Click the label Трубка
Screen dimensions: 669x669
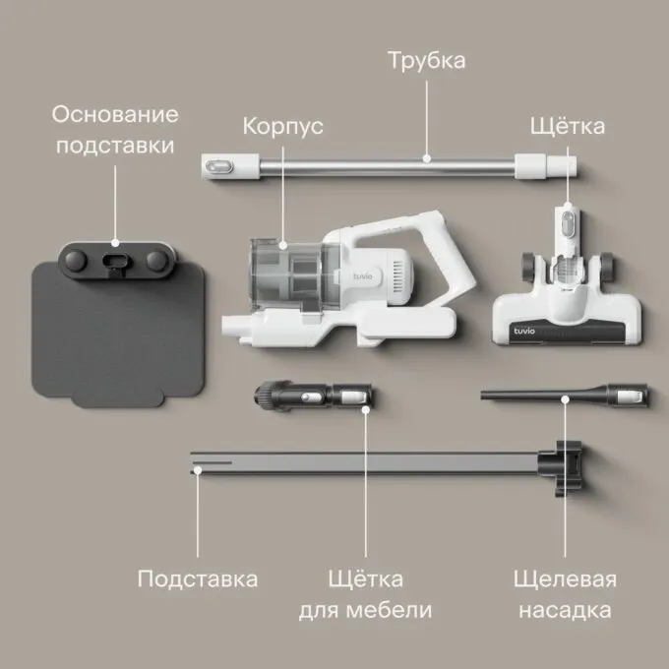(427, 61)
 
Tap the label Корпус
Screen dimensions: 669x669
(283, 127)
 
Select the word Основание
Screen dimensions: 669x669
(115, 114)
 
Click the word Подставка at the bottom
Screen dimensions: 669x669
(198, 579)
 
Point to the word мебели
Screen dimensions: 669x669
(389, 610)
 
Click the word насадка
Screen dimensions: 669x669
(565, 611)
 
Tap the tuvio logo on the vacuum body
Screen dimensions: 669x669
(363, 276)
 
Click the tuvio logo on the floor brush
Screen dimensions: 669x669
(524, 332)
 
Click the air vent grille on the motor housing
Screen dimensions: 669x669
(397, 276)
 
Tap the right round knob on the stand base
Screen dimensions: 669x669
(156, 260)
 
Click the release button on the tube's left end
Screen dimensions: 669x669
(218, 166)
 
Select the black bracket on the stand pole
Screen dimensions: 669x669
(561, 468)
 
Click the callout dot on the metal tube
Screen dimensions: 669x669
(427, 158)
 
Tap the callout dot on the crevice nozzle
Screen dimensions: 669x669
(565, 399)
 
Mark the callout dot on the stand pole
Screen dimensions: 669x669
(197, 470)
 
